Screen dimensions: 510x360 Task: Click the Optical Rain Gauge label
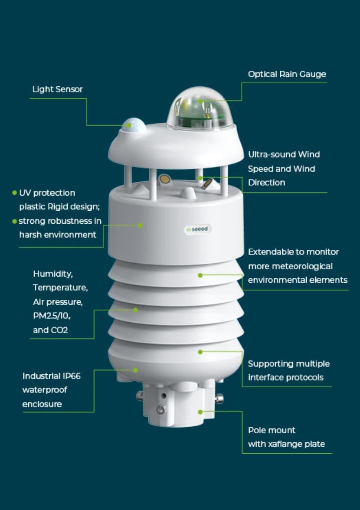(x=287, y=74)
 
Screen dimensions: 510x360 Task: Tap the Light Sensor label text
(x=57, y=89)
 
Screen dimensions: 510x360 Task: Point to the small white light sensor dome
(x=133, y=125)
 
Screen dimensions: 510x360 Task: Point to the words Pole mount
(x=272, y=430)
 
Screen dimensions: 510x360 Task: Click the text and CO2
(x=50, y=330)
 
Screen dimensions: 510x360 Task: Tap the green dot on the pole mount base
(x=200, y=412)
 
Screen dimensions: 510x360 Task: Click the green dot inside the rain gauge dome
(x=200, y=101)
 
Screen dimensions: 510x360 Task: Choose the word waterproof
(x=45, y=390)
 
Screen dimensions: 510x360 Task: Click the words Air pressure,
(x=58, y=302)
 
